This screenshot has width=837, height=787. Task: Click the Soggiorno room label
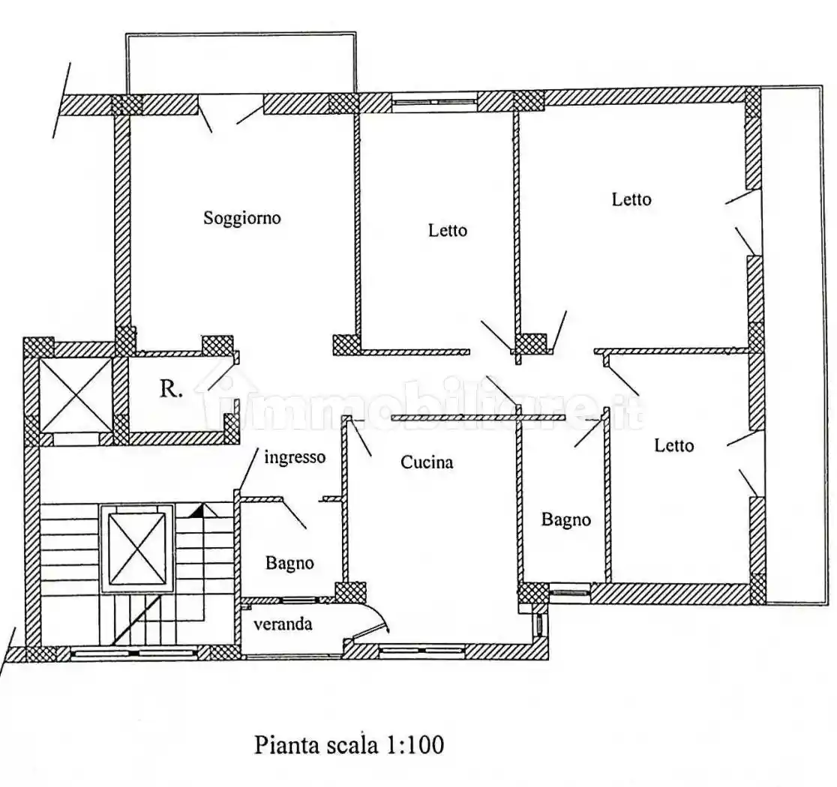[x=241, y=218]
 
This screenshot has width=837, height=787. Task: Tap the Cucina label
[x=426, y=462]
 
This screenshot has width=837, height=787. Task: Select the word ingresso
[x=295, y=457]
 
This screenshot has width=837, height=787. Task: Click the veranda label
[x=282, y=624]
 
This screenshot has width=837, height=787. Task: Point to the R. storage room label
[x=171, y=389]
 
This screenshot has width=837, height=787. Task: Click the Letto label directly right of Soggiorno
[x=447, y=230]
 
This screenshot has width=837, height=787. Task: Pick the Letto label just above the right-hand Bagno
[x=673, y=445]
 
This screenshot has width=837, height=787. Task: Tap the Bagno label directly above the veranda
[x=289, y=563]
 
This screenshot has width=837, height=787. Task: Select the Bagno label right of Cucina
[x=565, y=519]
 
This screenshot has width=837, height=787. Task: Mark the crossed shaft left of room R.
[x=75, y=395]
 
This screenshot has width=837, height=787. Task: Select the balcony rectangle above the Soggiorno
[x=240, y=63]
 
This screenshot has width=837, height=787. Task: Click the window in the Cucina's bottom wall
[x=413, y=651]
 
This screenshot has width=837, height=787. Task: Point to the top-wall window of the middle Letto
[x=435, y=101]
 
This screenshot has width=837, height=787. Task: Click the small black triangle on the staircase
[x=196, y=511]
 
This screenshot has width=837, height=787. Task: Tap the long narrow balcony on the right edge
[x=792, y=345]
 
